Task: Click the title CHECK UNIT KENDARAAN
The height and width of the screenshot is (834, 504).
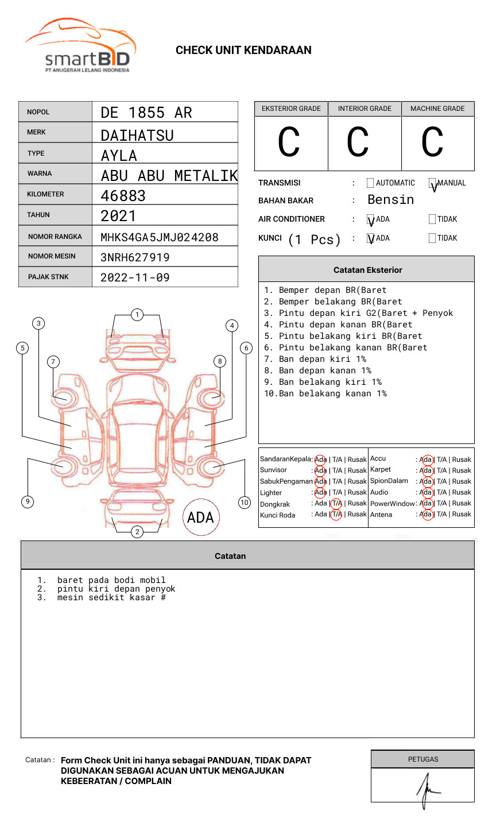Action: point(243,51)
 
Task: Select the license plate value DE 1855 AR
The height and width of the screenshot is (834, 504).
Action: point(146,113)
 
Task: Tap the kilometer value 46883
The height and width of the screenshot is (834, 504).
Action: point(123,196)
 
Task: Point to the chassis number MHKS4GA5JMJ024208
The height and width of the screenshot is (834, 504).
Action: point(159,237)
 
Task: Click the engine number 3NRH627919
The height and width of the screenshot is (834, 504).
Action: point(135,257)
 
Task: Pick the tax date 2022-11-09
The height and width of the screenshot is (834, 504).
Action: point(135,277)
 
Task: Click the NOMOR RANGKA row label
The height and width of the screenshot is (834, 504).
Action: point(55,237)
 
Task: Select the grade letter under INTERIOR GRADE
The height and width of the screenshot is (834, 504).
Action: point(358,142)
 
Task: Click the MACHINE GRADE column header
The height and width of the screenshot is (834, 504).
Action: point(437,109)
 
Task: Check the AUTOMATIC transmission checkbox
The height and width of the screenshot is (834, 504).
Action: point(370,183)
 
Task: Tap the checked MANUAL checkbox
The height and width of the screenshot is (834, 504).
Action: point(432,183)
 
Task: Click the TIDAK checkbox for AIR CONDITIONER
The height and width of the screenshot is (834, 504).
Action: point(432,219)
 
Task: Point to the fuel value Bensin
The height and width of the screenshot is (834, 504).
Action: point(390,200)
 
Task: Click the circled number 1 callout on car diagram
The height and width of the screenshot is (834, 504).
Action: point(137,315)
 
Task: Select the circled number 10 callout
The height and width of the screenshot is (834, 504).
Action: point(245,503)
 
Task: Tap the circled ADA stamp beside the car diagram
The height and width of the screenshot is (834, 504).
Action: point(200,518)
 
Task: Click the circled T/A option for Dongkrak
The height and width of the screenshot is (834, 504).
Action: point(336,504)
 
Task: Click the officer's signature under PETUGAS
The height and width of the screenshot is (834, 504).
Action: point(427,789)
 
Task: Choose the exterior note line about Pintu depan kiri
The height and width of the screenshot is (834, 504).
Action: point(358,313)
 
